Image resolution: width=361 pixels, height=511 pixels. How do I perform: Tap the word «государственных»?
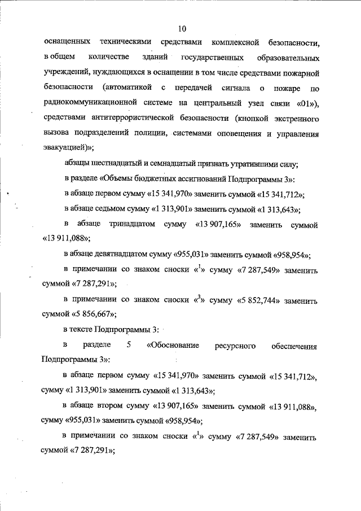point(213,58)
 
